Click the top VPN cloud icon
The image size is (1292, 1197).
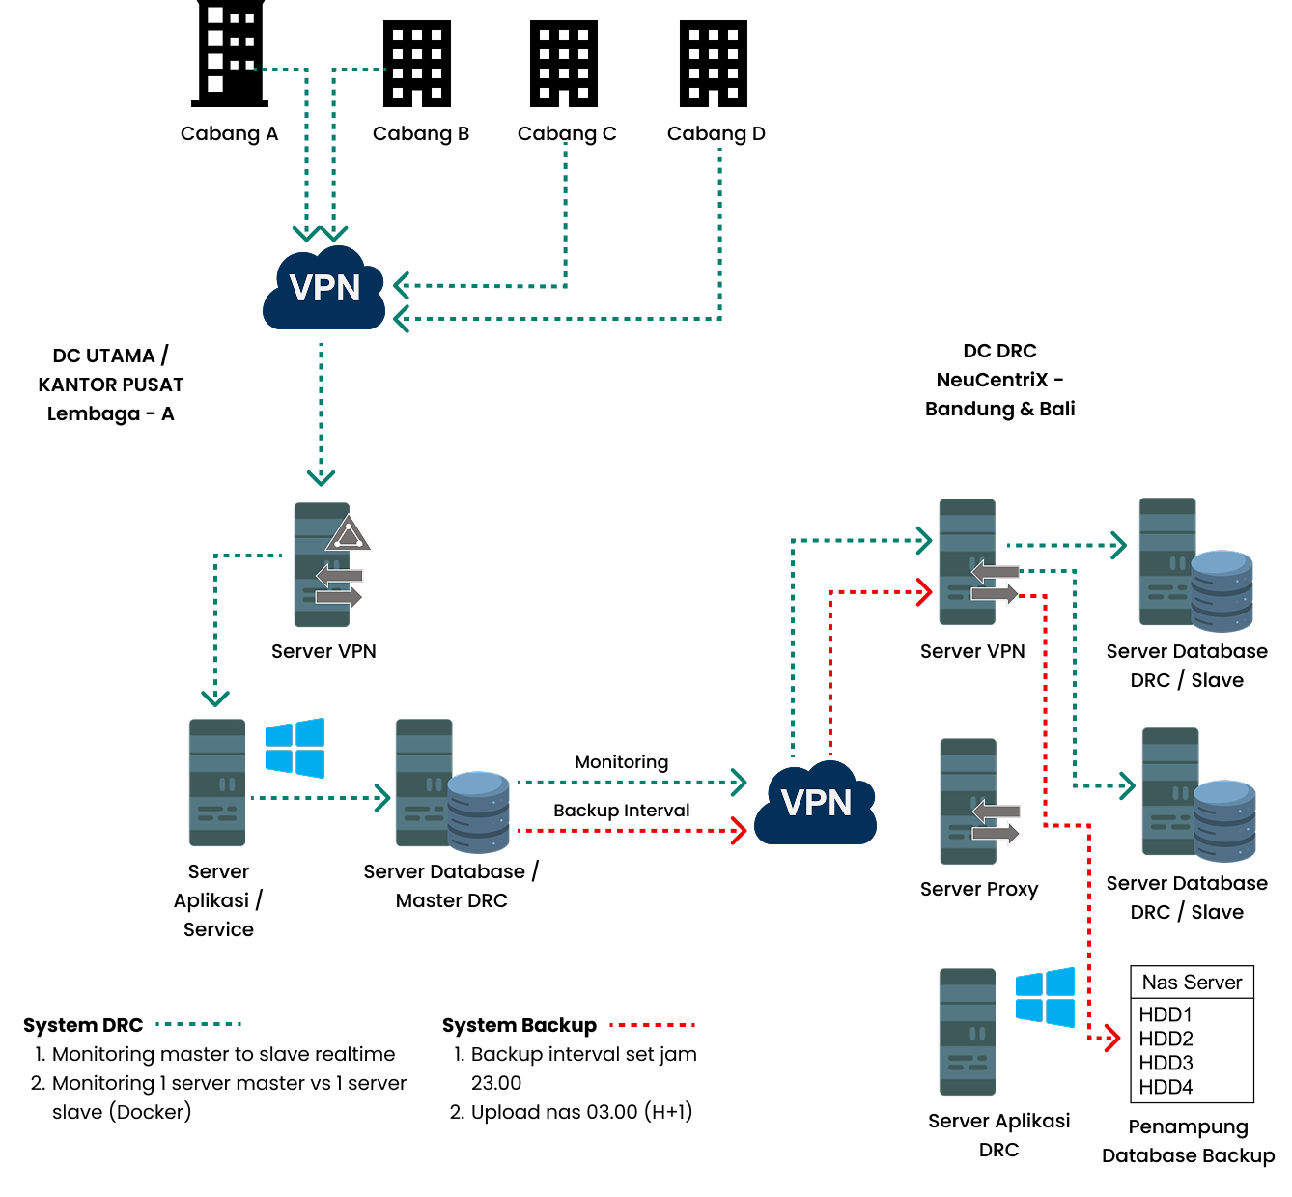click(324, 289)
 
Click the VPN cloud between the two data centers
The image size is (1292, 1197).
click(816, 803)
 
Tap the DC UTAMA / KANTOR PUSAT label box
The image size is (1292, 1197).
click(110, 385)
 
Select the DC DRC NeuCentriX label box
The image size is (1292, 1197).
click(999, 379)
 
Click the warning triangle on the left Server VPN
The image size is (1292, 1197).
click(348, 534)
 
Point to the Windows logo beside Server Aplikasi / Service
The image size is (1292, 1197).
click(295, 748)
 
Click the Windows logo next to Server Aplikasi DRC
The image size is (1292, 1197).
click(1045, 997)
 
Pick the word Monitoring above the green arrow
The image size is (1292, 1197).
click(621, 762)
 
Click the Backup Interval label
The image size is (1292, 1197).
click(621, 811)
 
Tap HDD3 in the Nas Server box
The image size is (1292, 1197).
click(1166, 1063)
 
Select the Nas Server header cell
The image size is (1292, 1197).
click(1192, 983)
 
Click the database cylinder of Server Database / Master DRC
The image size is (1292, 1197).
click(478, 812)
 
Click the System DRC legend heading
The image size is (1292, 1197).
click(83, 1025)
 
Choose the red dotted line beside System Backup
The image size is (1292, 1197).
click(653, 1025)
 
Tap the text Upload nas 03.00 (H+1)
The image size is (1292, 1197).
click(581, 1112)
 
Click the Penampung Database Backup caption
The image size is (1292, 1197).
click(1188, 1141)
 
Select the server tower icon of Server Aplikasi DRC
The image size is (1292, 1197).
click(967, 1031)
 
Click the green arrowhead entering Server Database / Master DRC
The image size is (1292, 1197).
click(382, 798)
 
